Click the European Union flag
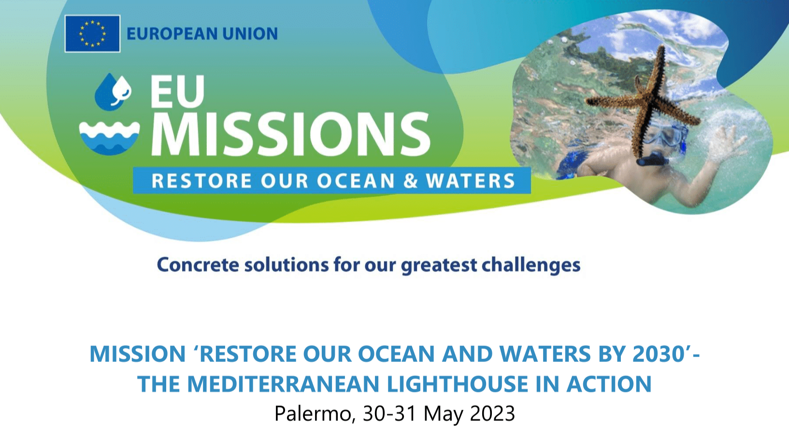(92, 34)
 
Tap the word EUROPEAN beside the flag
(172, 34)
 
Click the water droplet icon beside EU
(113, 91)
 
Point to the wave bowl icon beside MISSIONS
(109, 138)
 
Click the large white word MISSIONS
(291, 134)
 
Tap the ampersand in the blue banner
(410, 181)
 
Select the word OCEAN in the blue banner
(356, 181)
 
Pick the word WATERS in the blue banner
(471, 181)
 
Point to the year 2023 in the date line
(492, 414)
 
